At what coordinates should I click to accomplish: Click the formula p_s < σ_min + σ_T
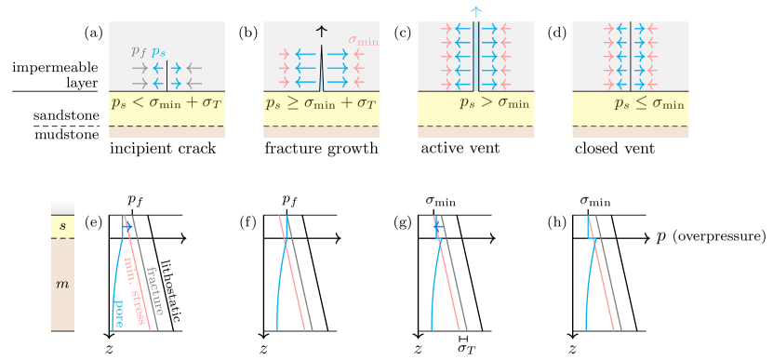(167, 103)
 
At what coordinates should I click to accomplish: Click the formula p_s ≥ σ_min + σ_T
(321, 103)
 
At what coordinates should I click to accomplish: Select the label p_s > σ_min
(494, 103)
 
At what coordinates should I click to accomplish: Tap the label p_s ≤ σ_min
(649, 103)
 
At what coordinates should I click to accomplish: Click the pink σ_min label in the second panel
(364, 40)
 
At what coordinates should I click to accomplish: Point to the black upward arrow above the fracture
(322, 32)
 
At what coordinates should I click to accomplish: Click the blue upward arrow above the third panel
(476, 12)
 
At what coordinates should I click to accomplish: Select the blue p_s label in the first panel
(160, 52)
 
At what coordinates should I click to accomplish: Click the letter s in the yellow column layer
(62, 226)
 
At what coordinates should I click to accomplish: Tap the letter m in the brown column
(62, 282)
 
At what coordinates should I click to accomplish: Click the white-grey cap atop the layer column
(62, 207)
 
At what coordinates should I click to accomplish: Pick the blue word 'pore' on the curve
(118, 313)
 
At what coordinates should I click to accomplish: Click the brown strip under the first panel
(167, 132)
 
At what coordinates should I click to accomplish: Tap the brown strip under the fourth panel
(631, 132)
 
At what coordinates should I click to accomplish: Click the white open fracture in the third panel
(476, 56)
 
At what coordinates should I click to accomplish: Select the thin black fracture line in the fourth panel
(631, 56)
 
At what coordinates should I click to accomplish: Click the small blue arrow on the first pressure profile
(128, 226)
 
